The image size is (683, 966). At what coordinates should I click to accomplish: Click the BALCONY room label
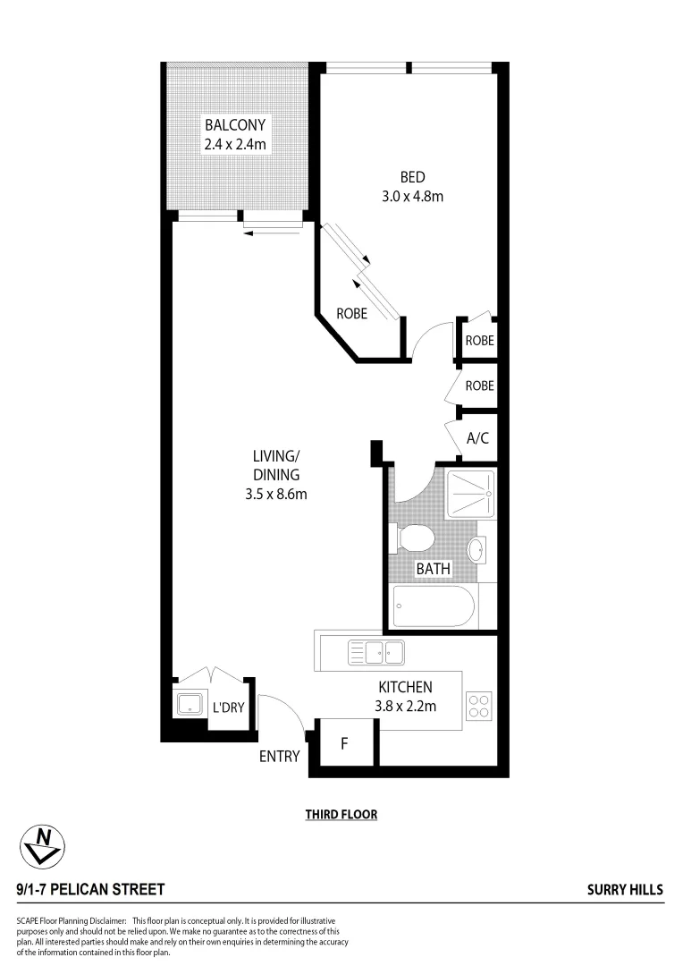tap(234, 124)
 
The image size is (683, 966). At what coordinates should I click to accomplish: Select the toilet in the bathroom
tap(416, 538)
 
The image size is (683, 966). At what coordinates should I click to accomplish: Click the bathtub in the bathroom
tap(434, 607)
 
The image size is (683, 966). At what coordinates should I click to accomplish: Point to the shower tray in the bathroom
tap(470, 493)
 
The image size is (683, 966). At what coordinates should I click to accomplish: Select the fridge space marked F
tap(344, 743)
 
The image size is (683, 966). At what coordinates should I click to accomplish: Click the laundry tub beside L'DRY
tap(189, 704)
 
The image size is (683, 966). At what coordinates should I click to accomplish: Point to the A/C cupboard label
tap(476, 439)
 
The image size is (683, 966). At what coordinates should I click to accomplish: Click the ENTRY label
tap(279, 757)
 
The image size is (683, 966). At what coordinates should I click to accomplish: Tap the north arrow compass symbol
tap(42, 844)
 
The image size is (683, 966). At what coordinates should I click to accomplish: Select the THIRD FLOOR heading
tap(341, 815)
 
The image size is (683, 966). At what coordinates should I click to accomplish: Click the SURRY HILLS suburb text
tap(625, 889)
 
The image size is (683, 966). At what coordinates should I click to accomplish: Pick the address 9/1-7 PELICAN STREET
tap(90, 889)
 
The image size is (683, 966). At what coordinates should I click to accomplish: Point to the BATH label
tap(433, 568)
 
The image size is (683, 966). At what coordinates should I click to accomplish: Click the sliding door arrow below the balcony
tap(274, 233)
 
